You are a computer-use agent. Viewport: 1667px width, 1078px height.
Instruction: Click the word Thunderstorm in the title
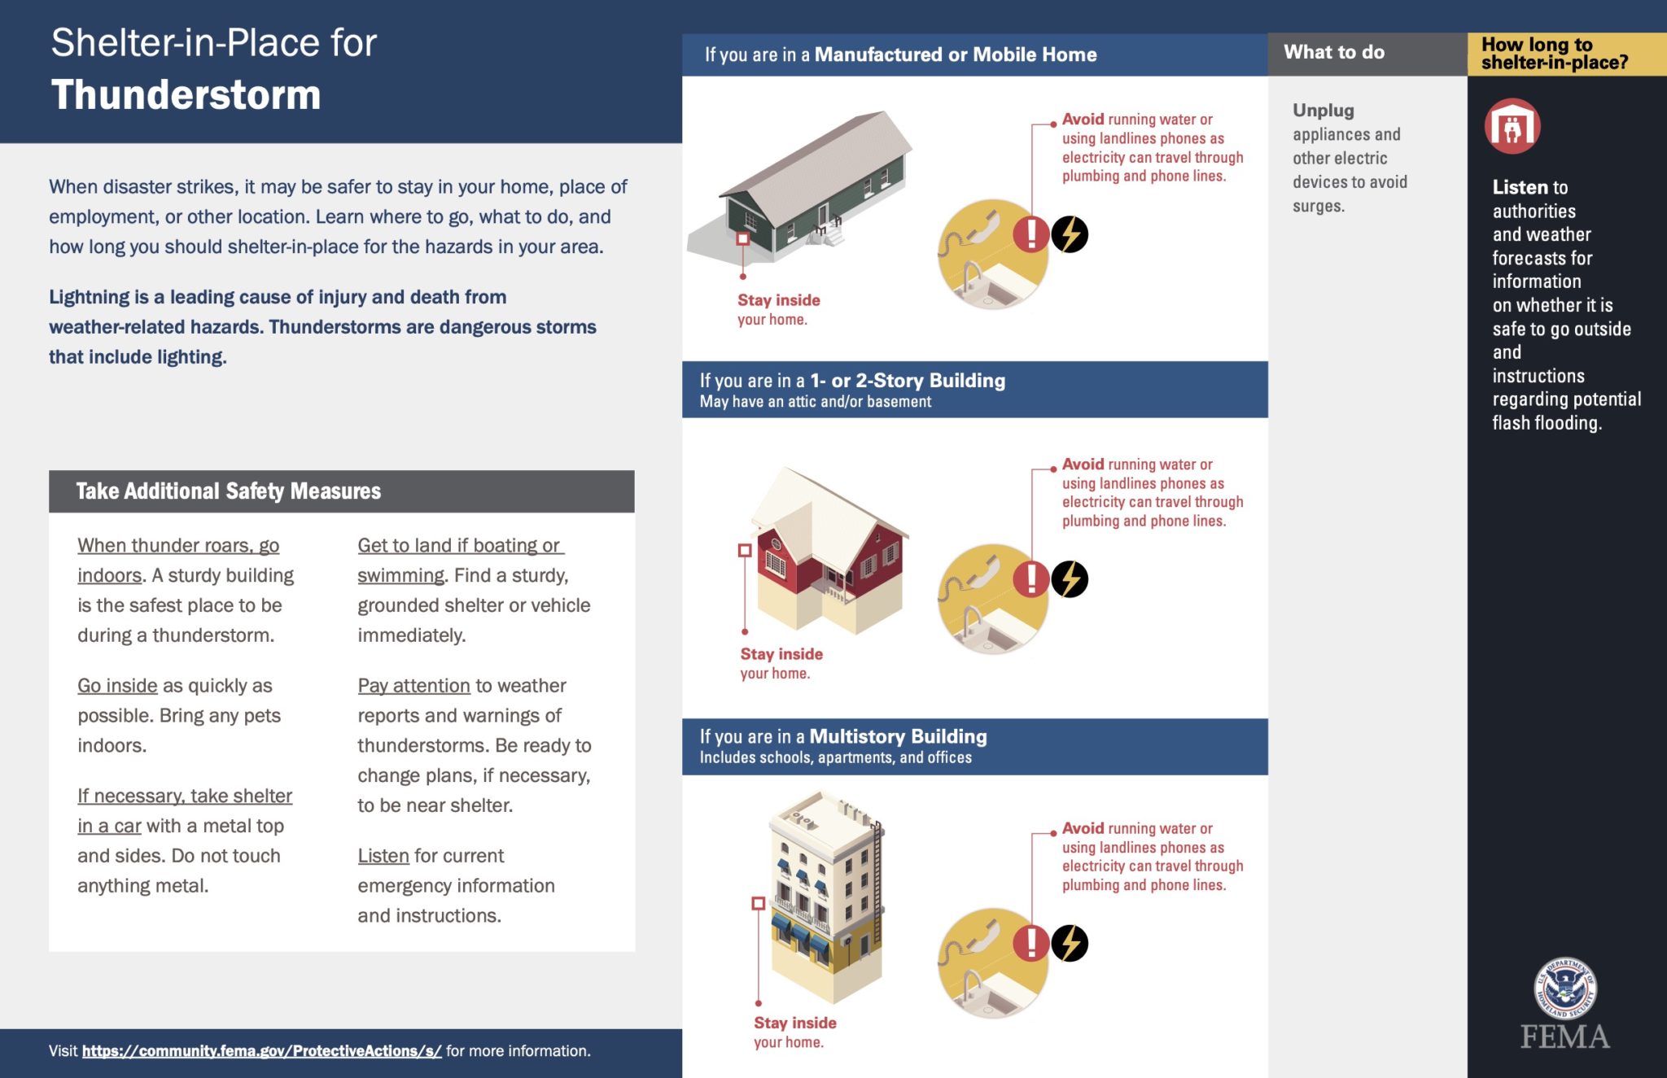click(186, 95)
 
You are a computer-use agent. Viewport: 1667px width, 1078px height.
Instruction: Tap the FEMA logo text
click(1564, 1037)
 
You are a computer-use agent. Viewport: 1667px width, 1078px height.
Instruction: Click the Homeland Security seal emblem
click(1564, 988)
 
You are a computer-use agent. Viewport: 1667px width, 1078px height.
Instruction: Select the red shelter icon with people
click(1512, 127)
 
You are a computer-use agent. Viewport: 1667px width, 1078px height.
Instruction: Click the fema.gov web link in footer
click(261, 1051)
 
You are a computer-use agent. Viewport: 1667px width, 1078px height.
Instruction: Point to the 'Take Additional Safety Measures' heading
click(228, 491)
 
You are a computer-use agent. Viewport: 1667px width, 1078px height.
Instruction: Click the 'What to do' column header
click(1333, 53)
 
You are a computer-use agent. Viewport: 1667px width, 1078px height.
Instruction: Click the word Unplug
click(1323, 111)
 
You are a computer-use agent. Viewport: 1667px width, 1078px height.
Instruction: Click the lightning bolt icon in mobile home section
click(1070, 235)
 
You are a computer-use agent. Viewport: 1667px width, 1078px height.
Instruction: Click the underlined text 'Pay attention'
click(413, 686)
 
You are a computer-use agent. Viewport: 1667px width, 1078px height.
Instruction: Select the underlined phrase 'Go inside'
click(117, 686)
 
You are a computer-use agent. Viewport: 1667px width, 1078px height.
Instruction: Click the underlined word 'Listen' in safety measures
click(383, 856)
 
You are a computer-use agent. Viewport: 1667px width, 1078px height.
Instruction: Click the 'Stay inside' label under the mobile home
click(778, 300)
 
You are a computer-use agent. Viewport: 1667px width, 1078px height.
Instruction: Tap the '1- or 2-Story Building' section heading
click(907, 381)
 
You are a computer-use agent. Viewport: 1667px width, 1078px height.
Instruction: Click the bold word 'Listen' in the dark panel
click(1518, 188)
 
